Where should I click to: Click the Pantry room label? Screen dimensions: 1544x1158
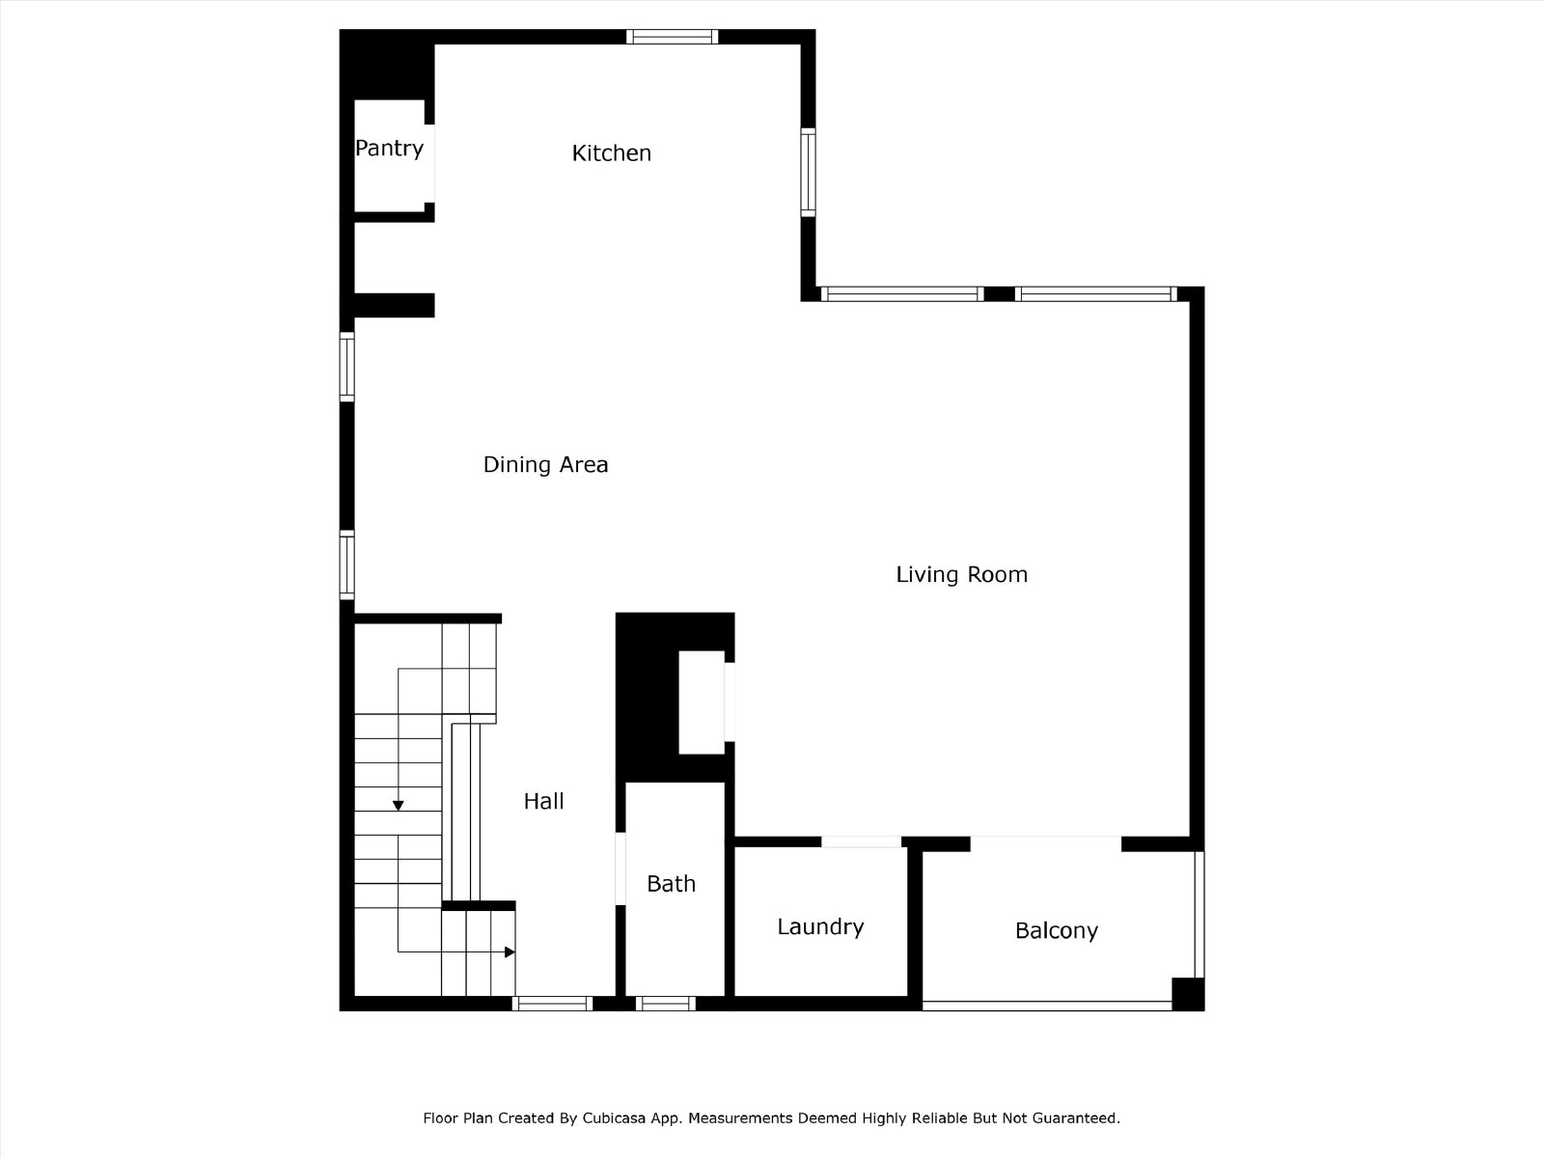[389, 149]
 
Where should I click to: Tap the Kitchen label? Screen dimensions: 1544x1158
[611, 153]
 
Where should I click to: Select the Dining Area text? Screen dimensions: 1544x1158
[545, 465]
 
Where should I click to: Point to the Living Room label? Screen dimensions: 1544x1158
[961, 575]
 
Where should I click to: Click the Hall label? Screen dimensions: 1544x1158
[543, 801]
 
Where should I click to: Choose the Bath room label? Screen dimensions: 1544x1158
[671, 884]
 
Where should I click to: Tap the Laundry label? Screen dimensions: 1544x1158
[820, 927]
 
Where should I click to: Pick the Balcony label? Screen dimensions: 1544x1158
[1057, 931]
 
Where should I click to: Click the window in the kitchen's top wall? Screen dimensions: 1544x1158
[672, 37]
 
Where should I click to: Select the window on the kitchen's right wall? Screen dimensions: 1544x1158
[809, 173]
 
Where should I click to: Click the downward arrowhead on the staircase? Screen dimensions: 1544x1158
[399, 806]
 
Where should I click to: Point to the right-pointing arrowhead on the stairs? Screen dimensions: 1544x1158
[510, 952]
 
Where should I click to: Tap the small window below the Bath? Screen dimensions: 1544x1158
[666, 1004]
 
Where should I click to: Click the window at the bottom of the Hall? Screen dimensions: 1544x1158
[552, 1004]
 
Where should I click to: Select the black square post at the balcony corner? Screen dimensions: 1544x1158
[1188, 994]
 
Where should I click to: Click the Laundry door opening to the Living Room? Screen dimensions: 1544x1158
[861, 841]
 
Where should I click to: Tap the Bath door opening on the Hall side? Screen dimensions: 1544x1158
[620, 869]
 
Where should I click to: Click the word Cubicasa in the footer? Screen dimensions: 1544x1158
[614, 1117]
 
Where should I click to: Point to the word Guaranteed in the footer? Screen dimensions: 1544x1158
[1081, 1117]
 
